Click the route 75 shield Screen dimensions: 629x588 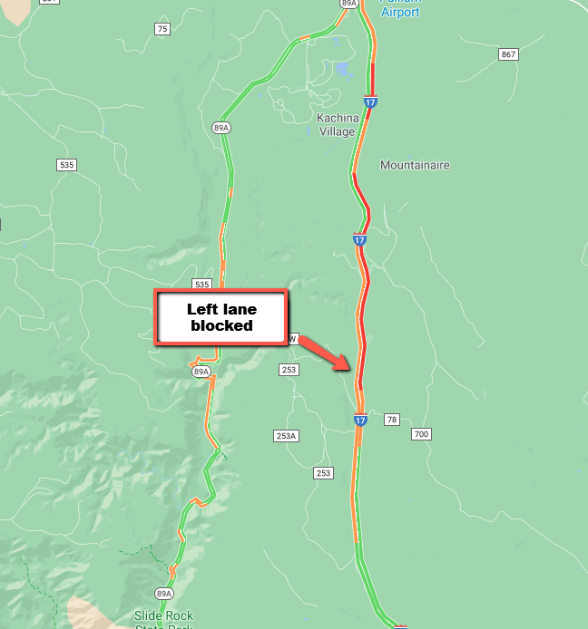pos(162,30)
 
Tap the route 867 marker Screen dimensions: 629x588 pos(508,55)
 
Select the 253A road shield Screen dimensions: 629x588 pos(286,436)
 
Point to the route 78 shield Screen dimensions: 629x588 pos(392,420)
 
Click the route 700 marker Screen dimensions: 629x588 pos(420,434)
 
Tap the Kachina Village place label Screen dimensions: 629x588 pos(338,124)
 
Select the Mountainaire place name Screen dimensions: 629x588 pos(415,165)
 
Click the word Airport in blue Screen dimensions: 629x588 pos(400,13)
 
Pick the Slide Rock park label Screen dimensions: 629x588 pos(163,616)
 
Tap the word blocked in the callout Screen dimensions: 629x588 pos(221,325)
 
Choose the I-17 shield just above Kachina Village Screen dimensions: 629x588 pos(372,102)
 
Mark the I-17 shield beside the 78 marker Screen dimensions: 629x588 pos(360,420)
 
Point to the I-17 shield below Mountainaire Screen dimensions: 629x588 pos(360,239)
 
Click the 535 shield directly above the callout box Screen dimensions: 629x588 pos(201,284)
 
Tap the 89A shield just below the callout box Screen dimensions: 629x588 pos(201,372)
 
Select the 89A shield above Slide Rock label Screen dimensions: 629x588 pos(163,594)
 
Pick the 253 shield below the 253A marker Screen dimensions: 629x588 pos(323,473)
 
